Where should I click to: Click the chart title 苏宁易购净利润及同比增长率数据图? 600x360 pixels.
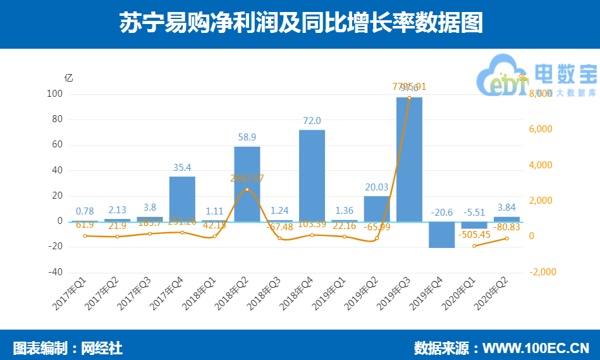coord(301,23)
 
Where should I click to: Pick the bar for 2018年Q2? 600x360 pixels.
coord(247,184)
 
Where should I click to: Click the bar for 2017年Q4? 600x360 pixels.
coord(182,199)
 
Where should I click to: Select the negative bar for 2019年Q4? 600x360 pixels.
coord(441,235)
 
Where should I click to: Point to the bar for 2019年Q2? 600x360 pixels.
coord(377,209)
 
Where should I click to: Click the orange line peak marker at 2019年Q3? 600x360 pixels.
coord(409,97)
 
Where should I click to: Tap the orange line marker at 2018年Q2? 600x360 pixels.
coord(247,189)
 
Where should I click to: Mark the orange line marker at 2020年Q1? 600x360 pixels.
coord(474,245)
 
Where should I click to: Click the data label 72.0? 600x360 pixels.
coord(312,121)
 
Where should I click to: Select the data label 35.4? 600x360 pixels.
coord(182,168)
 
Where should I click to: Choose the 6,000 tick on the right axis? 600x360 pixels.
coord(541,129)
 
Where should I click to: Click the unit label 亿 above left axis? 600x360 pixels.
coord(68,78)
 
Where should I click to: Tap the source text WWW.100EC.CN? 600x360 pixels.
coord(536,347)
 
